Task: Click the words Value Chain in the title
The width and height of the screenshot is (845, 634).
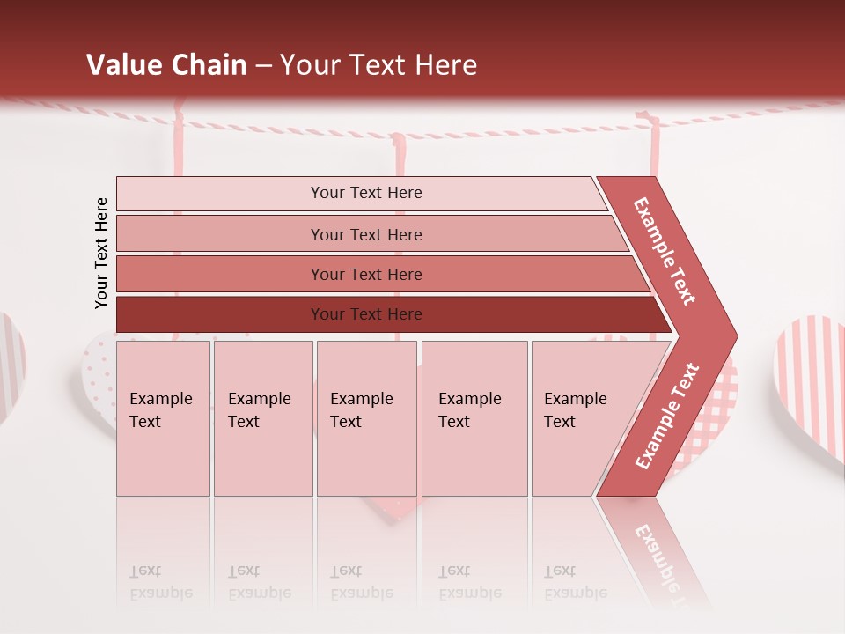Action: tap(166, 65)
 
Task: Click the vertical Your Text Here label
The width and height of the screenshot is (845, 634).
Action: tap(101, 253)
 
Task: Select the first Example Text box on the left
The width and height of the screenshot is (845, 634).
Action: tap(163, 418)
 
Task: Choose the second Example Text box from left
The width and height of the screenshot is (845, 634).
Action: tap(262, 418)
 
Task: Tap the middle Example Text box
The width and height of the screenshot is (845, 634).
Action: tap(366, 418)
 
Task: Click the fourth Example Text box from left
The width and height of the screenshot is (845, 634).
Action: tap(474, 418)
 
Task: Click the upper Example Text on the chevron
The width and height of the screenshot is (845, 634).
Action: tap(665, 251)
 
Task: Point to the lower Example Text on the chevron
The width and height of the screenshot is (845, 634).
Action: tap(667, 417)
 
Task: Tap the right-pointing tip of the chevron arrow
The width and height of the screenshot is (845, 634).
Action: tap(732, 336)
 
